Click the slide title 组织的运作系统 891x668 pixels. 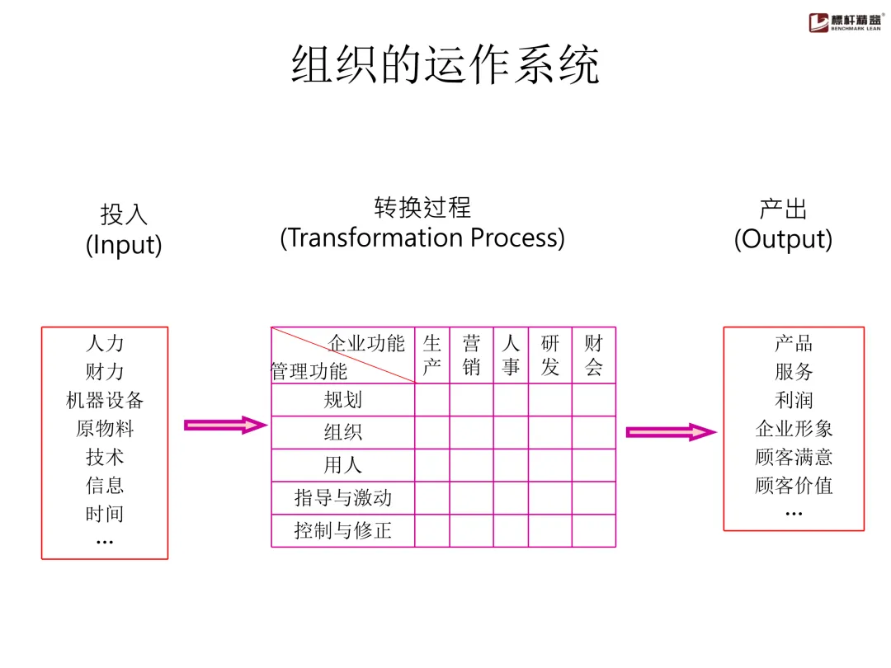tap(445, 65)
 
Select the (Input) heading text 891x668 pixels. tap(124, 245)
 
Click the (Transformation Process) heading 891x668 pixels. tap(422, 238)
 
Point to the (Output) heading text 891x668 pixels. tap(783, 239)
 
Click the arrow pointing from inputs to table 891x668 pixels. tap(225, 425)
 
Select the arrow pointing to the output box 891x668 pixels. tap(671, 432)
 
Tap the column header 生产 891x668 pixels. tap(431, 355)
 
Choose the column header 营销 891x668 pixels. tap(471, 355)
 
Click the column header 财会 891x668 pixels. tap(593, 355)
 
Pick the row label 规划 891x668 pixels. tap(342, 400)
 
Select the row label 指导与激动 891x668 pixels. tap(342, 498)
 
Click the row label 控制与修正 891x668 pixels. tap(342, 530)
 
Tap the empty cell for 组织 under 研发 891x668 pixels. tap(549, 432)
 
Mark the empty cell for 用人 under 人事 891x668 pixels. tap(511, 465)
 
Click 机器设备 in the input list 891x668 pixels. tap(105, 401)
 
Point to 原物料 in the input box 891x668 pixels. tap(105, 429)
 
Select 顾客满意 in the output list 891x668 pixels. tap(794, 457)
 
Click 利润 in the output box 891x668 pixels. tap(794, 401)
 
